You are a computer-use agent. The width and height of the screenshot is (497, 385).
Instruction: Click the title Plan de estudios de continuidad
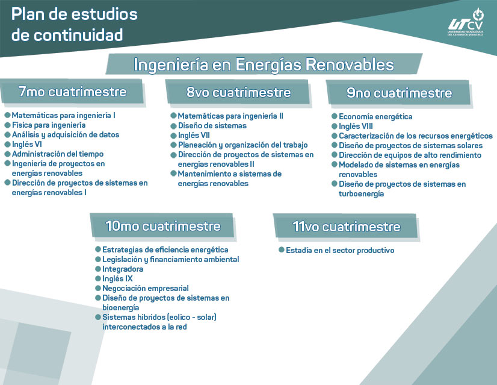pyautogui.click(x=74, y=25)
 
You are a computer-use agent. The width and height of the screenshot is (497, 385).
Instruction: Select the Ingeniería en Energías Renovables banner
pyautogui.click(x=264, y=64)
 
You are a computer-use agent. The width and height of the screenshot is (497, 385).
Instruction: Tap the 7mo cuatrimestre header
pyautogui.click(x=72, y=92)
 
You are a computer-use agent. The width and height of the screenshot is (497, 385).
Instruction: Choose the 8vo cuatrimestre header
pyautogui.click(x=238, y=92)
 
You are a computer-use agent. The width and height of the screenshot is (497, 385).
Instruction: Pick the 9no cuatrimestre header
pyautogui.click(x=399, y=93)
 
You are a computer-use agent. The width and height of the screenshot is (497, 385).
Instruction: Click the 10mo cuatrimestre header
pyautogui.click(x=162, y=227)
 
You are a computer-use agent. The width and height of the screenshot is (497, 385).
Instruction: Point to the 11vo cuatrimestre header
pyautogui.click(x=346, y=227)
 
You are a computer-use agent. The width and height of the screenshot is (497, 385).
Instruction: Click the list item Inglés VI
pyautogui.click(x=26, y=145)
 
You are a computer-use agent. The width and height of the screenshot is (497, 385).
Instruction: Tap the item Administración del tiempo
pyautogui.click(x=58, y=154)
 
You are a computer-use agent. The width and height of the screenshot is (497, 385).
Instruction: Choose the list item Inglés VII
pyautogui.click(x=193, y=136)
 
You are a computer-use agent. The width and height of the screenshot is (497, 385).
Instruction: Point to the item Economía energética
pyautogui.click(x=375, y=117)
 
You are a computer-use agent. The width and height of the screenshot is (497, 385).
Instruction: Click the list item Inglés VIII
pyautogui.click(x=356, y=127)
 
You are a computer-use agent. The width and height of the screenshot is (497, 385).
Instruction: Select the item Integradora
pyautogui.click(x=123, y=269)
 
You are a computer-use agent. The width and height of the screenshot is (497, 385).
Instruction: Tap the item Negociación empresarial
pyautogui.click(x=145, y=289)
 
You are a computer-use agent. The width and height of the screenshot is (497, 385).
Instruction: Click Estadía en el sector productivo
pyautogui.click(x=339, y=250)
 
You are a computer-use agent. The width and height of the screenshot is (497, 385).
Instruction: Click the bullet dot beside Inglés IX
pyautogui.click(x=97, y=279)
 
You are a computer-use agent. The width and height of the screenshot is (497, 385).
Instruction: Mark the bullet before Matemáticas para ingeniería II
pyautogui.click(x=173, y=116)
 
